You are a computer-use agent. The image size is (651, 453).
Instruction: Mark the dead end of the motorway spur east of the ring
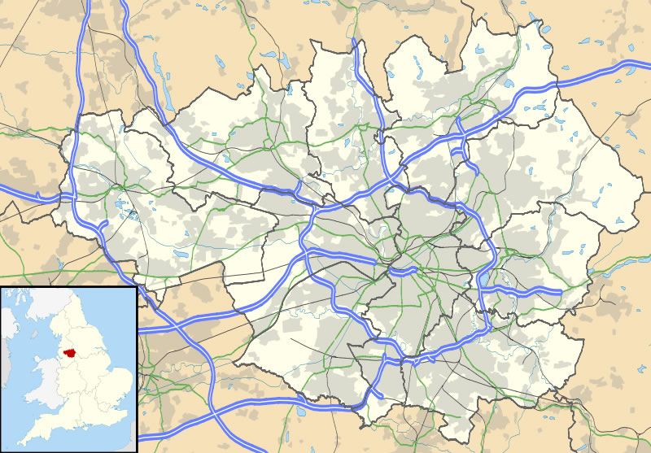pyautogui.click(x=561, y=291)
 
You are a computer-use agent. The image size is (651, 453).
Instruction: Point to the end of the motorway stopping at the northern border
pyautogui.click(x=356, y=41)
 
